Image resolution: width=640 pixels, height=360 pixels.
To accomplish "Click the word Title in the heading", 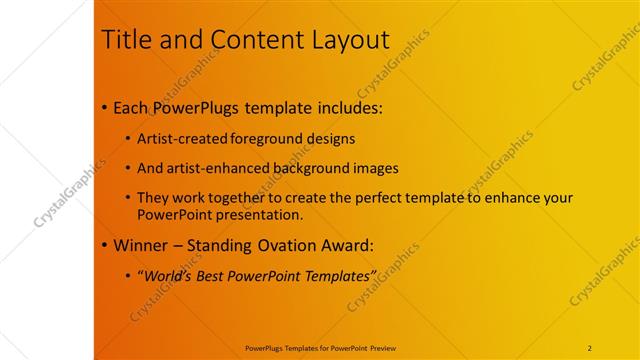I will (127, 41).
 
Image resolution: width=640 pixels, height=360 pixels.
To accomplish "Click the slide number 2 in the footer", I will (590, 348).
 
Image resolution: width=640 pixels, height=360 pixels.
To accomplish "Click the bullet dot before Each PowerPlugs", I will (106, 107).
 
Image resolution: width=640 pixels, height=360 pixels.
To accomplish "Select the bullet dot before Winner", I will (106, 245).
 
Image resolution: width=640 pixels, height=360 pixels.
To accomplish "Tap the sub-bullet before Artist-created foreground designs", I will (128, 138).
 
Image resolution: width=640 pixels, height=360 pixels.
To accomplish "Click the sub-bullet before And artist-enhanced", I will (128, 168).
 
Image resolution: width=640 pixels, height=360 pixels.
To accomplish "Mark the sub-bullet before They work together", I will (128, 199).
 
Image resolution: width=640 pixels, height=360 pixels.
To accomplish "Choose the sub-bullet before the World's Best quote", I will (128, 275).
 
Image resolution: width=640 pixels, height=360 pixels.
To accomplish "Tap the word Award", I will (347, 245).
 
